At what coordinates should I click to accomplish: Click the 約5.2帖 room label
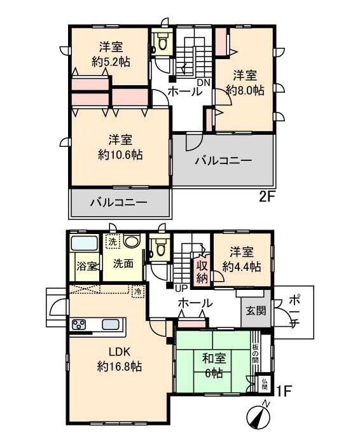pos(111,62)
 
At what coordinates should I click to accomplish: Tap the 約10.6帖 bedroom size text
pos(120,155)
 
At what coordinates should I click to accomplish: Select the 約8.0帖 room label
pos(245,90)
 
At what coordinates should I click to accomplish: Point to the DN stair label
pos(204,83)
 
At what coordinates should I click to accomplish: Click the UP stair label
pos(181,289)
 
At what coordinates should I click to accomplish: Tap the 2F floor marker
pos(267,196)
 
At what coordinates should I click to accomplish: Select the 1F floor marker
pos(284,391)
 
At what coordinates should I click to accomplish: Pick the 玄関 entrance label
pos(256,310)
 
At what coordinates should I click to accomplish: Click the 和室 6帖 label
pos(214,366)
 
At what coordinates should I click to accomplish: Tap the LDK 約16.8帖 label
pos(119,359)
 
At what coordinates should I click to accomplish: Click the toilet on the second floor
pos(162,41)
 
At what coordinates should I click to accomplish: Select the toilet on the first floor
pos(160,247)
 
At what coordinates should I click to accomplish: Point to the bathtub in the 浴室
pos(84,243)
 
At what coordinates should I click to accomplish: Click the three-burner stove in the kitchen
pos(80,324)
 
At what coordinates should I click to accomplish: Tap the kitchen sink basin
pos(111,325)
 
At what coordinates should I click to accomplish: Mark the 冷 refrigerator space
pos(138,291)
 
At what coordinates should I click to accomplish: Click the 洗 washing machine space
pos(113,242)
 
